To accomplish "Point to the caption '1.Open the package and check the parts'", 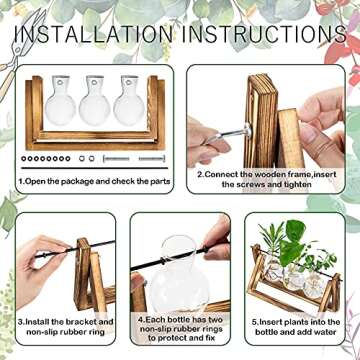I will tap(91, 183).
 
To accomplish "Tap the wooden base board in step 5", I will tap(300, 298).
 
